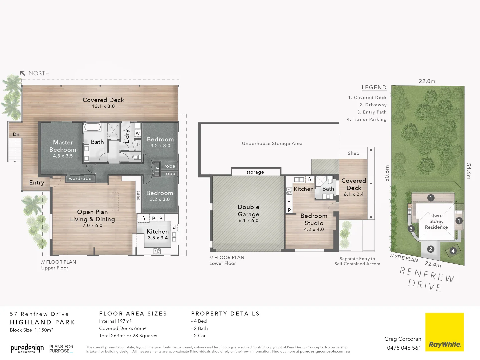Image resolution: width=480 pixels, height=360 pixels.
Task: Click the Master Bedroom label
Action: [63, 146]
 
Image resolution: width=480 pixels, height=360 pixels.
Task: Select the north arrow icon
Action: [23, 73]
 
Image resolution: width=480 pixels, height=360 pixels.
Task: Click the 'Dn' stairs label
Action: [16, 134]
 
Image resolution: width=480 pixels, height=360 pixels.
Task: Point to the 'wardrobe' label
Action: [80, 178]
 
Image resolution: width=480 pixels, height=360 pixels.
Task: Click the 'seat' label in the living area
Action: [138, 195]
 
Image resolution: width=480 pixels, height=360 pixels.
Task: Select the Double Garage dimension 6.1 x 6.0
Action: [248, 221]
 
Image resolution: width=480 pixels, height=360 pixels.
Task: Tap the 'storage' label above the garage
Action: [255, 172]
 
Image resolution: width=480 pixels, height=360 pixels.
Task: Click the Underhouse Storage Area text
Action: [272, 143]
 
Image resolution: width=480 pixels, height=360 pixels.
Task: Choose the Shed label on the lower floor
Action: [353, 153]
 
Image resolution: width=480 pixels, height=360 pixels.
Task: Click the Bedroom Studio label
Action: [314, 219]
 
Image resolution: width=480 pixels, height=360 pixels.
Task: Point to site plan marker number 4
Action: [453, 251]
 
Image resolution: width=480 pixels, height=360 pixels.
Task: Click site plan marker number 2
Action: [431, 249]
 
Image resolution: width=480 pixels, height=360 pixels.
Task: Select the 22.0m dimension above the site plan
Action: [427, 81]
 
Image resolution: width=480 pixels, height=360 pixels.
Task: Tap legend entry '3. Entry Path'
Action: [372, 112]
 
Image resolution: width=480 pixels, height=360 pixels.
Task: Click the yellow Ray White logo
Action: [444, 332]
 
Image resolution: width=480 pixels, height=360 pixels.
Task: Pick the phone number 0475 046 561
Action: [404, 348]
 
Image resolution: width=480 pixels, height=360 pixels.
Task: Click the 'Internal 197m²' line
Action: [115, 321]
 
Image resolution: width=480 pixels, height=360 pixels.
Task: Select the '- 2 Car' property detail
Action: [199, 336]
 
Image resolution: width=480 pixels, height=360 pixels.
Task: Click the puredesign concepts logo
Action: [27, 349]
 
